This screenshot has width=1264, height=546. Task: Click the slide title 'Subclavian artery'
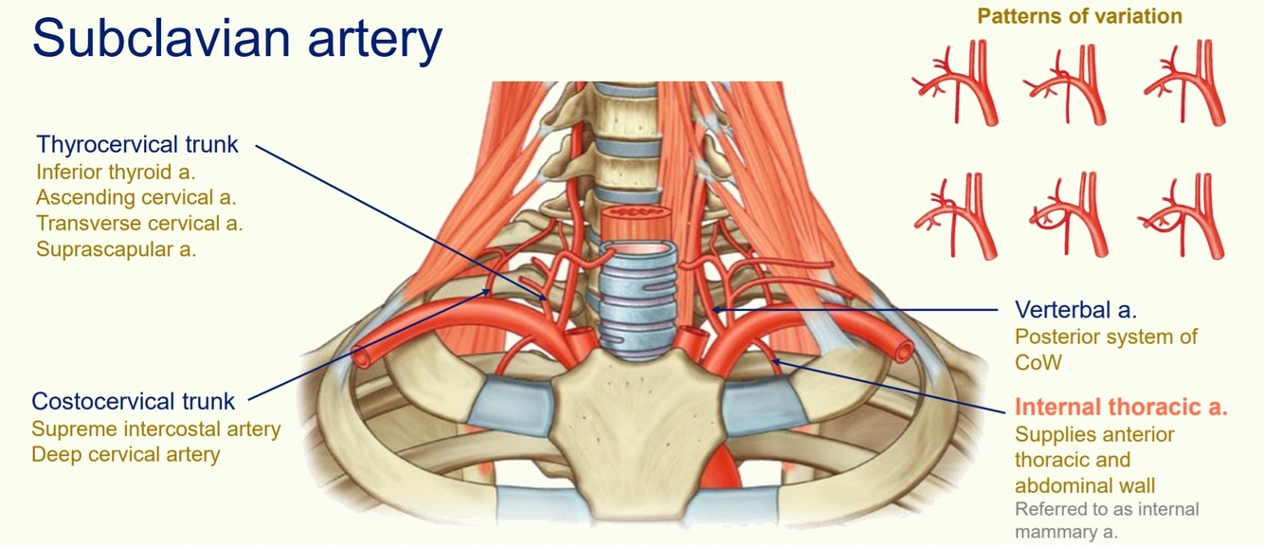coord(237,40)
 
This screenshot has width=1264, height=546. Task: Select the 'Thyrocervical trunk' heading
coord(137,145)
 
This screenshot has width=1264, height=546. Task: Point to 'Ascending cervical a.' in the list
coord(135,198)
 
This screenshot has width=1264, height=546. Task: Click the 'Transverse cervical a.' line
coord(139,224)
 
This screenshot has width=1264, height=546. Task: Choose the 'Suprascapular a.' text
coord(116,249)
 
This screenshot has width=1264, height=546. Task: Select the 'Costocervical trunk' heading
coord(133,401)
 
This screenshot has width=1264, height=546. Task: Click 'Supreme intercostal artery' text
coord(156,428)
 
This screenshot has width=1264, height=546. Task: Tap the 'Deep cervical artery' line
coord(125,454)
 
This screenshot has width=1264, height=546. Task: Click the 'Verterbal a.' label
coord(1075,310)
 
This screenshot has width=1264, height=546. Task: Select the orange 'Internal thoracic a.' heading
coord(1121,408)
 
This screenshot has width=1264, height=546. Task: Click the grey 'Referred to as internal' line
coord(1107,509)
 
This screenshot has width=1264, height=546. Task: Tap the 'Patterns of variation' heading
coord(1079,16)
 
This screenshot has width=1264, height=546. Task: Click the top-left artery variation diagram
coord(956,82)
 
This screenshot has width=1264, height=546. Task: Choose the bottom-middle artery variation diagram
coord(1069,215)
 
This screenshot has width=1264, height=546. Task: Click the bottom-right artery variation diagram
coord(1183,215)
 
